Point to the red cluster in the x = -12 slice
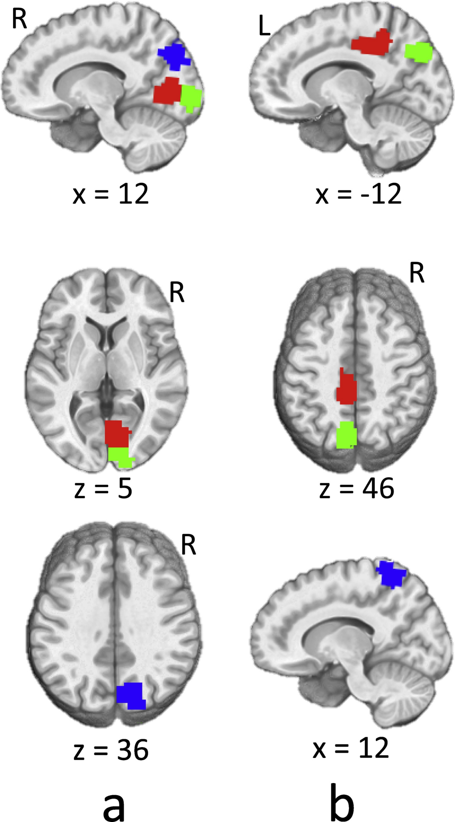(371, 42)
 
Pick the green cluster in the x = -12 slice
(419, 52)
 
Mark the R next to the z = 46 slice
(417, 273)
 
